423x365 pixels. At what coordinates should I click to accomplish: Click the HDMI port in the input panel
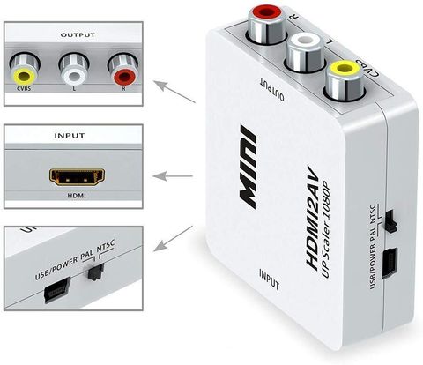click(77, 177)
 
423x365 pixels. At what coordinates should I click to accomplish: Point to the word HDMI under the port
click(77, 196)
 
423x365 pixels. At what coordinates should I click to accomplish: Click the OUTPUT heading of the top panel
click(78, 35)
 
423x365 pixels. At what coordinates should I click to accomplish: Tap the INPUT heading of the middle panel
click(70, 136)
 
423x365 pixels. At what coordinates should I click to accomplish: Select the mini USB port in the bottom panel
click(57, 290)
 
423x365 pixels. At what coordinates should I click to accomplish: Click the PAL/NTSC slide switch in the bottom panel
click(96, 272)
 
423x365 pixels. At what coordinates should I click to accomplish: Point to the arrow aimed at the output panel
click(174, 92)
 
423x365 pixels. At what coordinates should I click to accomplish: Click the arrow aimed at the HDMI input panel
click(173, 176)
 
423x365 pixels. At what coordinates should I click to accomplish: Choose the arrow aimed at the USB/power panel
click(173, 239)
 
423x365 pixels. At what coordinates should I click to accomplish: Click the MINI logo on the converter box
click(248, 167)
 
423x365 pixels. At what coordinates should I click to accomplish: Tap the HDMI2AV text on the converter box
click(313, 218)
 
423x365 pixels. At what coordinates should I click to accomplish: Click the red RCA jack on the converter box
click(267, 26)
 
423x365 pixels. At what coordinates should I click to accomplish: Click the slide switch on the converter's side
click(390, 221)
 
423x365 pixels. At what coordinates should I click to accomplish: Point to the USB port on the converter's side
click(390, 263)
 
